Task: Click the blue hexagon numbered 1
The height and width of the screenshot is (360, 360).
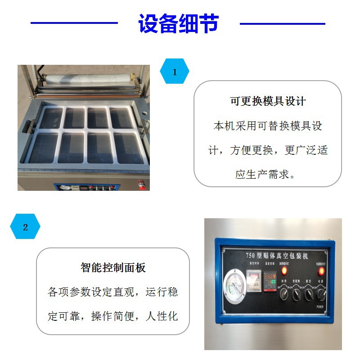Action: (175, 72)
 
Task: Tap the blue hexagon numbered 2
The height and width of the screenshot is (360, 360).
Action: (25, 227)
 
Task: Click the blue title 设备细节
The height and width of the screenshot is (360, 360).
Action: (179, 24)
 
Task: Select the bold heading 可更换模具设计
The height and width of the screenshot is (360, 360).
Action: (268, 101)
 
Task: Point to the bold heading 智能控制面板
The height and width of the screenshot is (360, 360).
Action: (113, 268)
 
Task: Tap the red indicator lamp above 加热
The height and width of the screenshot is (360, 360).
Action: (284, 271)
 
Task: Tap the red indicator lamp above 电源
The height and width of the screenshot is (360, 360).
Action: (321, 271)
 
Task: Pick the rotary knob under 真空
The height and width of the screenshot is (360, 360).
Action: (309, 295)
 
